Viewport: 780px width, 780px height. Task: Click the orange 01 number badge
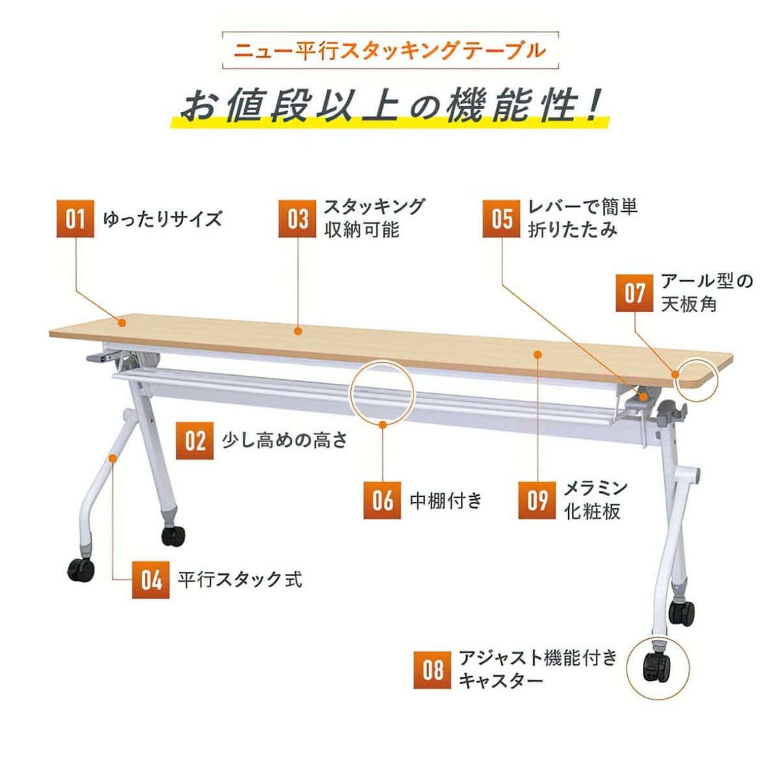75,218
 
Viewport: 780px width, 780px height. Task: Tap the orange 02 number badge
195,441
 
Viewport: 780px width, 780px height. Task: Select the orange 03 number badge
298,218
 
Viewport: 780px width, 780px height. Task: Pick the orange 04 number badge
151,580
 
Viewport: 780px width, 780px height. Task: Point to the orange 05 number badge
502,218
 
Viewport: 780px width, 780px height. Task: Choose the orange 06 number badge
382,500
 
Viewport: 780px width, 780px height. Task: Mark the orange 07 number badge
634,293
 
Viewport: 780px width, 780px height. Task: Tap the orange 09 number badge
537,500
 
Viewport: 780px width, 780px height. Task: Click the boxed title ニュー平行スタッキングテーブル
390,51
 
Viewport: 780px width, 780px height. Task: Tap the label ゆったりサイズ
162,219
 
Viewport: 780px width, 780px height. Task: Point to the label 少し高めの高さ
285,441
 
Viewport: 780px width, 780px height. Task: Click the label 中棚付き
446,500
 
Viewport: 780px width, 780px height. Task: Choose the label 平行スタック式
240,580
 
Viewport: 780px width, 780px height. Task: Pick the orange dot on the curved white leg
113,458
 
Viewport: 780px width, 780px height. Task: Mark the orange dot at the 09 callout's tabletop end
538,355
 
